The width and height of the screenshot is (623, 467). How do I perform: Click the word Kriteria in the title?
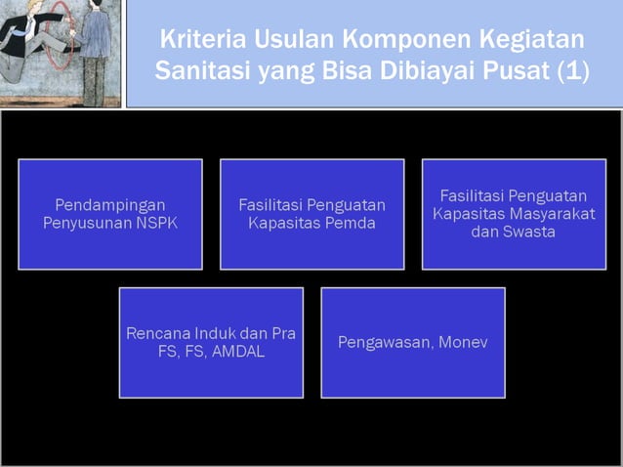(200, 41)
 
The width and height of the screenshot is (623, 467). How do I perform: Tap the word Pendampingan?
(110, 205)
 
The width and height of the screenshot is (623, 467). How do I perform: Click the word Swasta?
(528, 232)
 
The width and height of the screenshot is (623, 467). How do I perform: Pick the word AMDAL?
(234, 351)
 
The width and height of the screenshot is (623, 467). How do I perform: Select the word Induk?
(210, 333)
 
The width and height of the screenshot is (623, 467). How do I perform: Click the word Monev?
(464, 342)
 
